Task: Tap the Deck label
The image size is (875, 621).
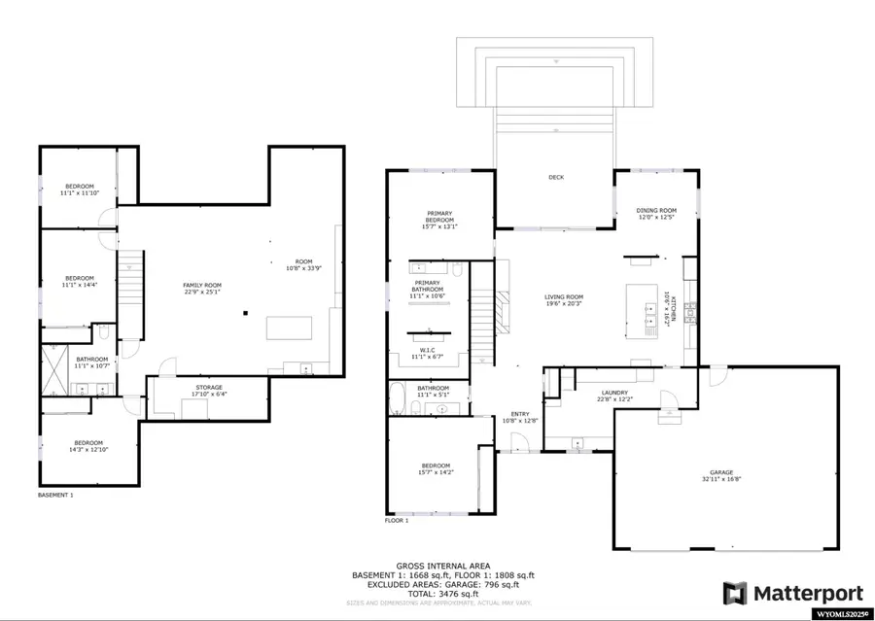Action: (556, 177)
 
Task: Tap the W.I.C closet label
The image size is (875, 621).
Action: (429, 353)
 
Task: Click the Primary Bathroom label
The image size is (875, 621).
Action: (429, 287)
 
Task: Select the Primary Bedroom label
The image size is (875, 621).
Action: (440, 217)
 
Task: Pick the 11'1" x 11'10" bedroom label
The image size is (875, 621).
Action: (79, 189)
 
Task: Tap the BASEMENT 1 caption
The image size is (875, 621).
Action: (54, 495)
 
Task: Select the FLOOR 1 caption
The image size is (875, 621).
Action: (397, 521)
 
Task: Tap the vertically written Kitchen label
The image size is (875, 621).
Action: (667, 305)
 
